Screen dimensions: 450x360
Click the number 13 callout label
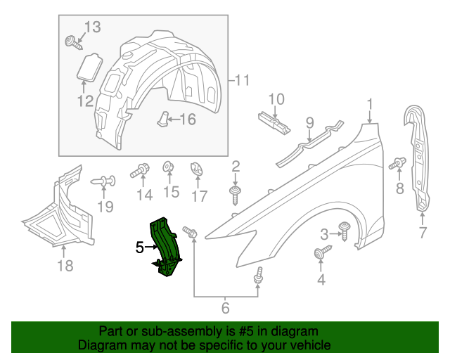(92, 27)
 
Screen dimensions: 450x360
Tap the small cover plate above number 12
(88, 67)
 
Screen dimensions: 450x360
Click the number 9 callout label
(309, 124)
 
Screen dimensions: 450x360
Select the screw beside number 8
(396, 165)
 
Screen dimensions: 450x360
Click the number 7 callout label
(423, 233)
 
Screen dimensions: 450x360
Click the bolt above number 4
(321, 252)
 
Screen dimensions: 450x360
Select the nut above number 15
(169, 167)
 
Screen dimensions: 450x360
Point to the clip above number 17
(197, 169)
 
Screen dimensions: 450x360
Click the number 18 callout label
(65, 265)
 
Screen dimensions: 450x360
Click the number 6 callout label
(225, 307)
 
